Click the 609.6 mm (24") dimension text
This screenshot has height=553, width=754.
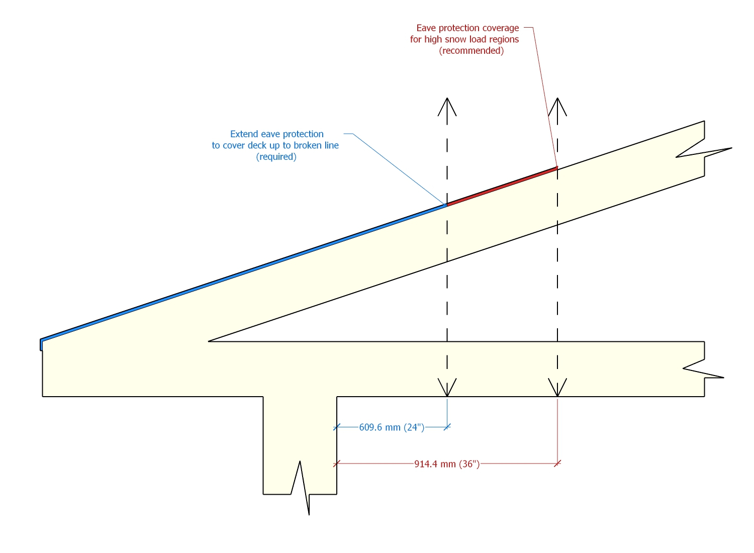tap(392, 427)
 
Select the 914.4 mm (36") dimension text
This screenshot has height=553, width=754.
tap(447, 464)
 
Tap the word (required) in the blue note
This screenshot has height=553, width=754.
tap(276, 157)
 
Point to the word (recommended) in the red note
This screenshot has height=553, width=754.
tap(472, 51)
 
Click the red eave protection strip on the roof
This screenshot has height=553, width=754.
tap(502, 186)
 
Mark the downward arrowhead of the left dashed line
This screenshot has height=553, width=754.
tap(447, 388)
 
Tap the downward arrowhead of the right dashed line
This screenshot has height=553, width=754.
tap(557, 388)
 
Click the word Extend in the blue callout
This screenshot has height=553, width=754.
tap(244, 134)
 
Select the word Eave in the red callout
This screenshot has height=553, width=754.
tap(426, 28)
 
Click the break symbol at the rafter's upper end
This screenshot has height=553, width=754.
tap(704, 151)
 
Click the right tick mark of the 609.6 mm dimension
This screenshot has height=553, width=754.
tap(447, 427)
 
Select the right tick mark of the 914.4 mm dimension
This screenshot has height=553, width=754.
tap(557, 464)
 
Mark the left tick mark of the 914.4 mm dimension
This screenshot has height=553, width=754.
tap(337, 464)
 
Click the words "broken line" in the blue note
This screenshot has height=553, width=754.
tap(316, 145)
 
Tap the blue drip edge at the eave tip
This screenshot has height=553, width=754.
tap(41, 345)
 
